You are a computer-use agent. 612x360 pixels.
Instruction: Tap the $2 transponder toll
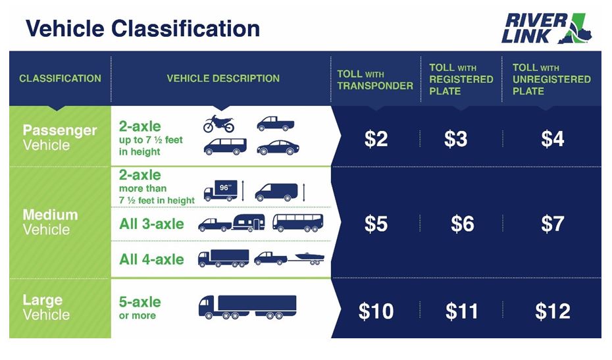(376, 139)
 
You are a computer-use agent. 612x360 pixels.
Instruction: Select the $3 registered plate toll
(455, 139)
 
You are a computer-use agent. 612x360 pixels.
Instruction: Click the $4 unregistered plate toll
(552, 139)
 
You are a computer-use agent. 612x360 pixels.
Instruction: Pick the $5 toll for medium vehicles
(376, 224)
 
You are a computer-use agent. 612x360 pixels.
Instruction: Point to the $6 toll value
(462, 224)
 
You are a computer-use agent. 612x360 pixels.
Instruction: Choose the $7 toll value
(552, 224)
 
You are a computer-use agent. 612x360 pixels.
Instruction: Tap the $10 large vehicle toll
(376, 311)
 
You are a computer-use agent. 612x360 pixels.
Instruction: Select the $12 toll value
(552, 311)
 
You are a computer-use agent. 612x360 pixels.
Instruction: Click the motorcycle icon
(218, 124)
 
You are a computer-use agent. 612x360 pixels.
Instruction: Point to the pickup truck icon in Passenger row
(275, 124)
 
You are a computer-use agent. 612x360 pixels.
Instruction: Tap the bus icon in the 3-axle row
(297, 223)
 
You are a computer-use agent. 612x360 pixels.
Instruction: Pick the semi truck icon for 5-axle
(247, 307)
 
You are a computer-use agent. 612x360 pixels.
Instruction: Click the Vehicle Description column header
(222, 78)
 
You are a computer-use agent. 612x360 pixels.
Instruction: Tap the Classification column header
(60, 78)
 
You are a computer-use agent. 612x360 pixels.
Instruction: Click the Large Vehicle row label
(46, 307)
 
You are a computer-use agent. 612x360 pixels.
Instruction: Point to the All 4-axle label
(151, 259)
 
